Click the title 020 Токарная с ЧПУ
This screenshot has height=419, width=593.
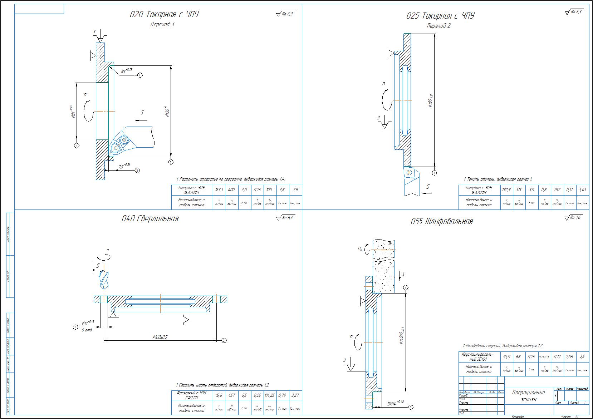click(164, 15)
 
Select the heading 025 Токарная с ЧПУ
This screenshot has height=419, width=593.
click(440, 16)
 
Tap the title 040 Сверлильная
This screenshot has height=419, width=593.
click(150, 219)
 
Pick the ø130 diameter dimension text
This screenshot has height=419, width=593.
click(167, 112)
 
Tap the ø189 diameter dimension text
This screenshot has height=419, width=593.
click(430, 101)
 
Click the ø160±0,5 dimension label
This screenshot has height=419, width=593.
click(160, 337)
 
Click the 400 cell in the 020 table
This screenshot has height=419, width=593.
click(231, 190)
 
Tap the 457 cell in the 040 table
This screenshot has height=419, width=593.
click(231, 395)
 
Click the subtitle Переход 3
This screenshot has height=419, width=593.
click(162, 24)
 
